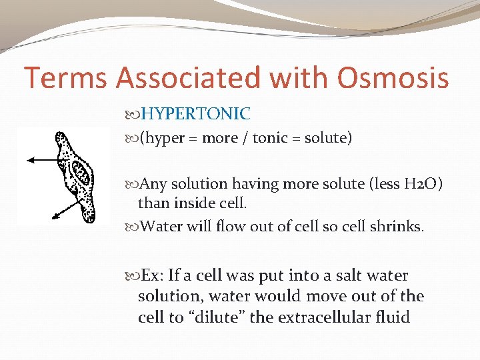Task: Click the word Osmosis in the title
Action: (x=393, y=78)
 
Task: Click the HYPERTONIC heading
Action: (x=195, y=115)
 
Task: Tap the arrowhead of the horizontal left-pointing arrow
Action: (x=28, y=159)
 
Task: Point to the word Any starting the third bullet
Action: (x=153, y=183)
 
